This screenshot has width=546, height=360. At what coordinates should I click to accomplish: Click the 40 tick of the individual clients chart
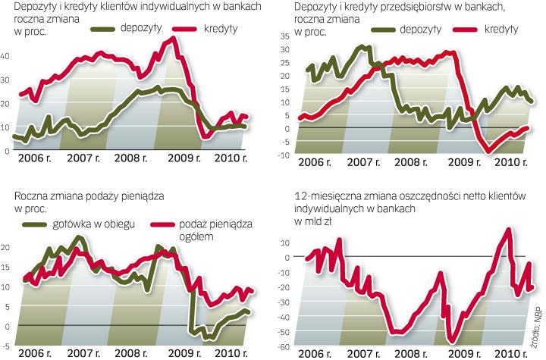tap(6, 57)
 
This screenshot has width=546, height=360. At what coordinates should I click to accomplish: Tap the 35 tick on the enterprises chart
tap(284, 36)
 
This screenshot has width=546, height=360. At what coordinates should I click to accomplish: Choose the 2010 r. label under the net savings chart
tap(504, 352)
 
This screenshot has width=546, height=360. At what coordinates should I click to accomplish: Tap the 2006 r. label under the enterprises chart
tap(316, 162)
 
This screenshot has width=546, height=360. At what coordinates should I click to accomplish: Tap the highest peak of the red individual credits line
tap(174, 39)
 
